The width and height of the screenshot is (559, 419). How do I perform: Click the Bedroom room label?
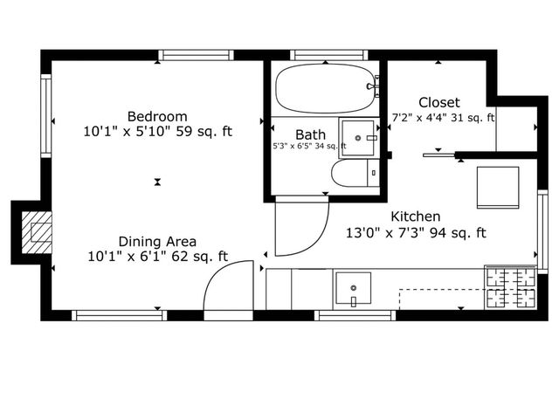click(x=158, y=116)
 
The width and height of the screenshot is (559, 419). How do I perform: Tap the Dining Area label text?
click(x=157, y=241)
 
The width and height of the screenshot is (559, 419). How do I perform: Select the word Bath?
click(x=310, y=134)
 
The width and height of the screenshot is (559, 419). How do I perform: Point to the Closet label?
click(x=438, y=102)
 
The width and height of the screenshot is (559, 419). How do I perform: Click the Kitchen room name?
click(x=415, y=216)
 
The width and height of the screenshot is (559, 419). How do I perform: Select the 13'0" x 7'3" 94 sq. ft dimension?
click(x=416, y=233)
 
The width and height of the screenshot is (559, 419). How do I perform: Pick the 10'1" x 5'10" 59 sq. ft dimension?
click(x=158, y=133)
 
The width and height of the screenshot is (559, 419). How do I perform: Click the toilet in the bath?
click(x=355, y=173)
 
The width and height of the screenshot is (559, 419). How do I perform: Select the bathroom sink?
click(x=359, y=137)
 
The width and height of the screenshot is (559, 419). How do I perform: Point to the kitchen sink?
click(x=353, y=288)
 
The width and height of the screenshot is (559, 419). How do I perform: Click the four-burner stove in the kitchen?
click(x=510, y=287)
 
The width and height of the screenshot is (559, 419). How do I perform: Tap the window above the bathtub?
click(x=325, y=55)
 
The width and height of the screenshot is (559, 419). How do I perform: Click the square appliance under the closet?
click(x=496, y=187)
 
